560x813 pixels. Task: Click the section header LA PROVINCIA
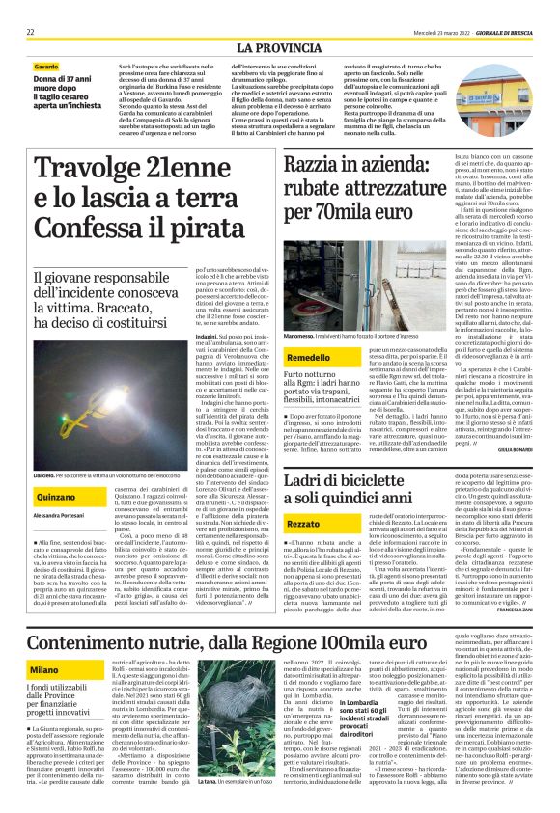[279, 46]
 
